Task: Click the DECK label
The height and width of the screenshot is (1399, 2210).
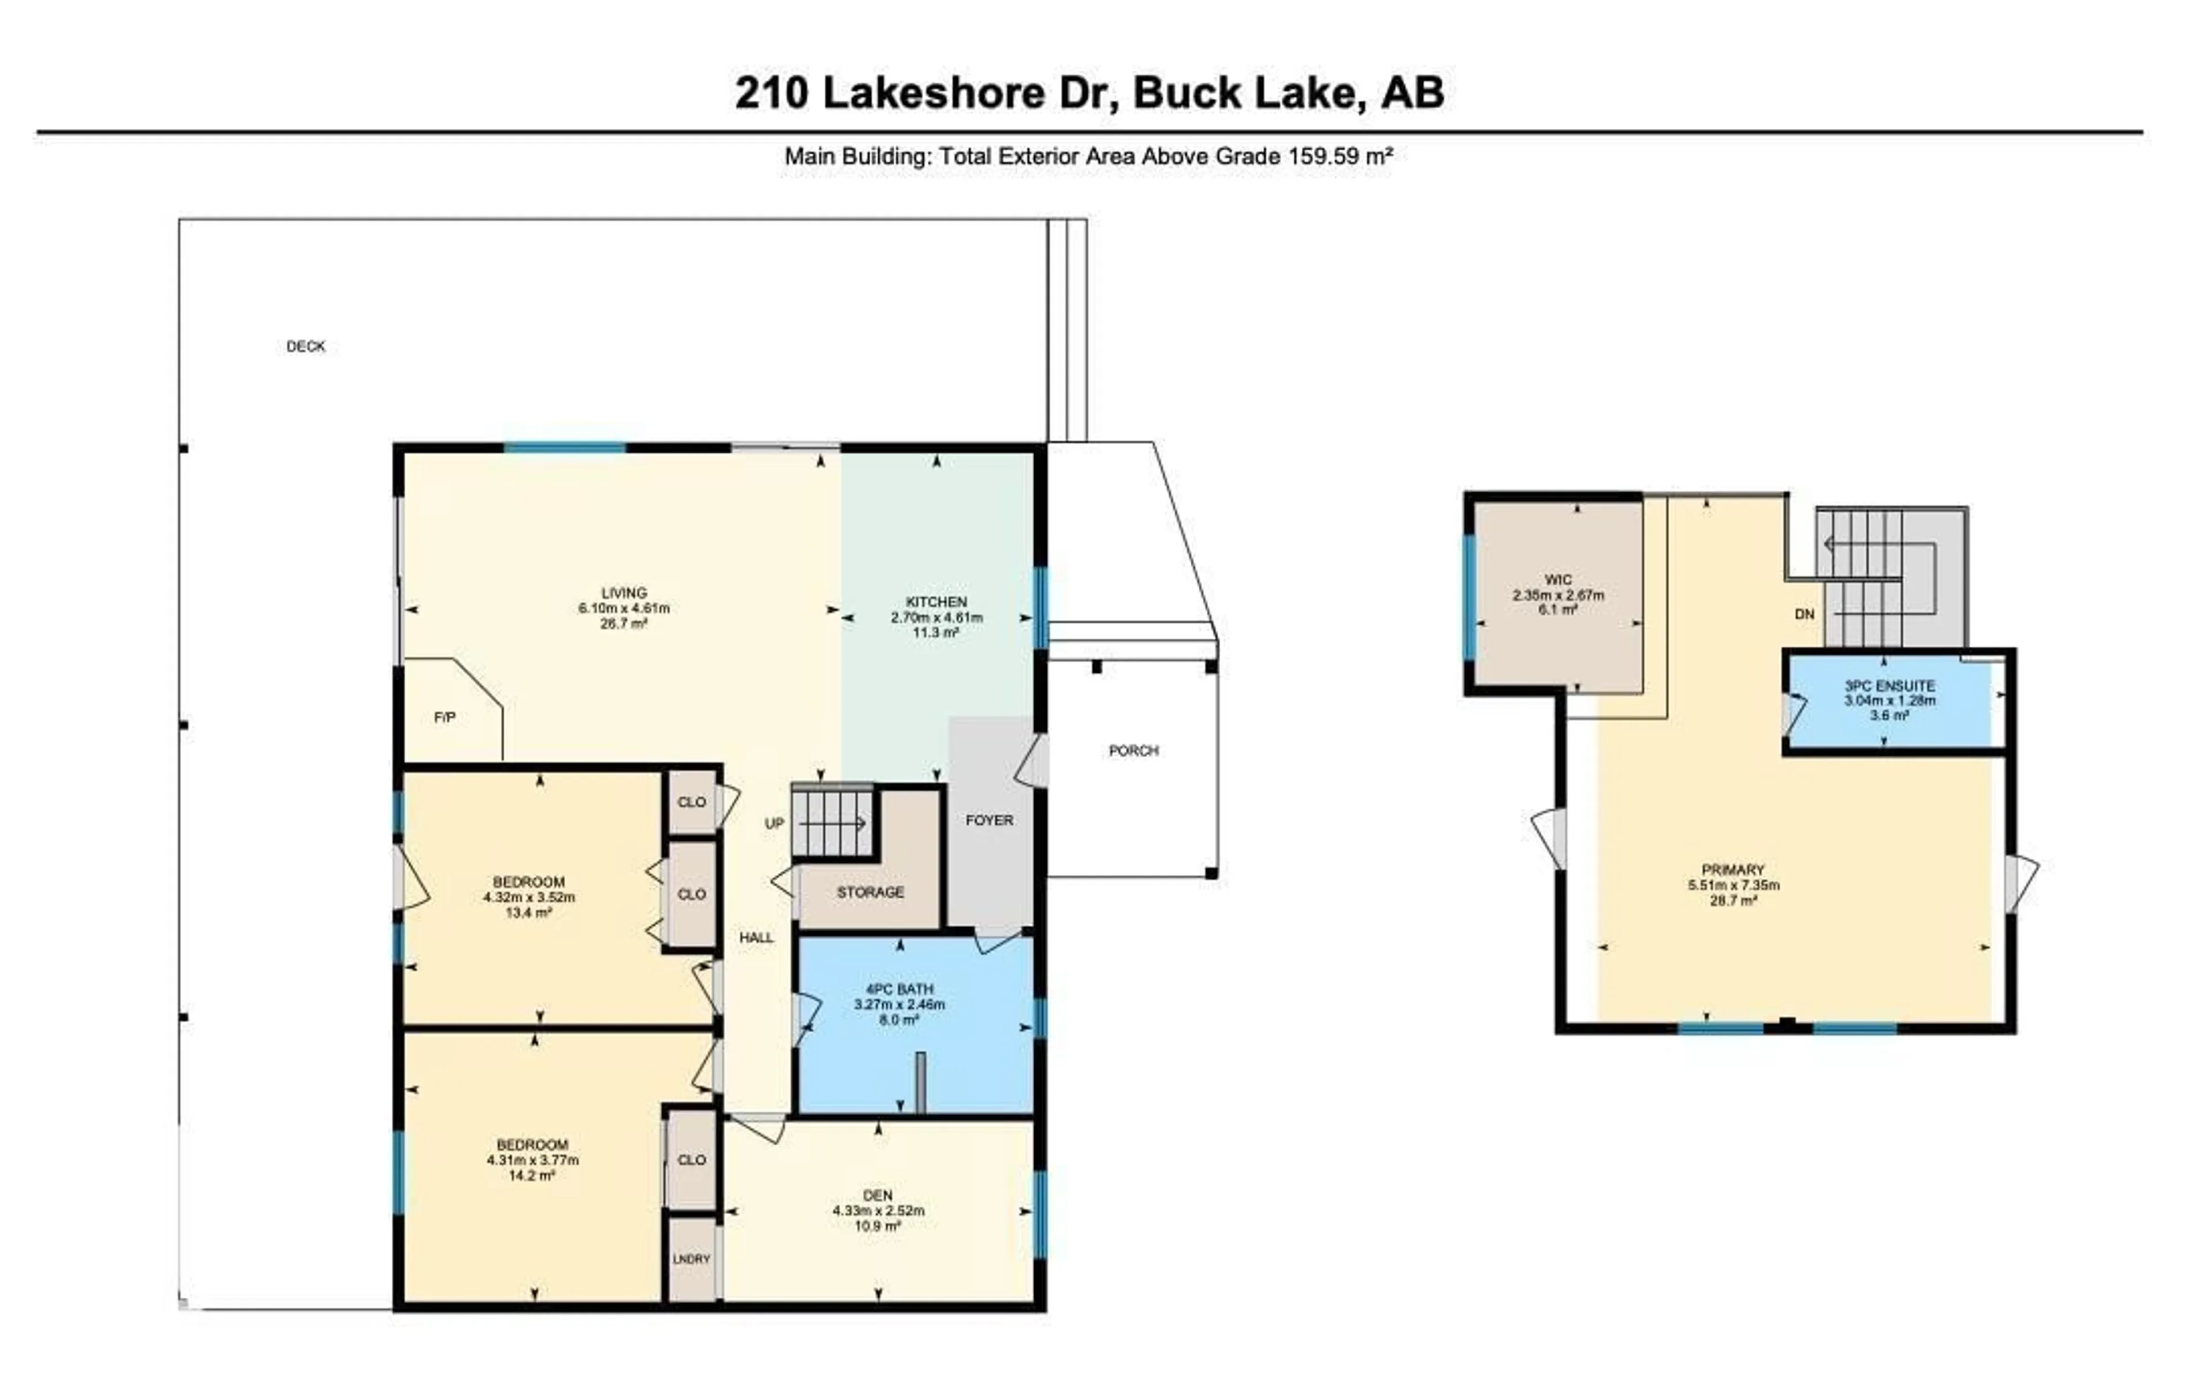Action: tap(306, 346)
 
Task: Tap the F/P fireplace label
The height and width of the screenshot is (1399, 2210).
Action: tap(444, 717)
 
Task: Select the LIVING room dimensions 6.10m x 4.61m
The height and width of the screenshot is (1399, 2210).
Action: tap(623, 608)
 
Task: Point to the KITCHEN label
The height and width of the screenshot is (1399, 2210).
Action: tap(936, 602)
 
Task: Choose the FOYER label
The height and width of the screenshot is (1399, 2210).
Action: tap(989, 819)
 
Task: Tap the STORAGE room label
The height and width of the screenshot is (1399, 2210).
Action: tap(870, 892)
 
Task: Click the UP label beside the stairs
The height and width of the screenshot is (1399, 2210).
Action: tap(775, 824)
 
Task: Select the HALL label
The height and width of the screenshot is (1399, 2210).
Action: tap(756, 937)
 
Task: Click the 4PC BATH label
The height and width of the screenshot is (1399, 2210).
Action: tap(900, 989)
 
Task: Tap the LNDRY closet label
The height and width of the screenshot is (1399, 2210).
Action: tap(691, 1259)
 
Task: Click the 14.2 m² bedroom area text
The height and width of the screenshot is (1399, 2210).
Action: tap(532, 1175)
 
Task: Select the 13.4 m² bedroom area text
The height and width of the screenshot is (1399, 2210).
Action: tap(529, 913)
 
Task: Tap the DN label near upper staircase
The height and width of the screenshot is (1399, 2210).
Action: tap(1804, 614)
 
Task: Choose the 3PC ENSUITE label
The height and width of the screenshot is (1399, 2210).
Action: tap(1889, 686)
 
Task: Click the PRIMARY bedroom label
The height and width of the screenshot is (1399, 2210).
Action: tap(1733, 870)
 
